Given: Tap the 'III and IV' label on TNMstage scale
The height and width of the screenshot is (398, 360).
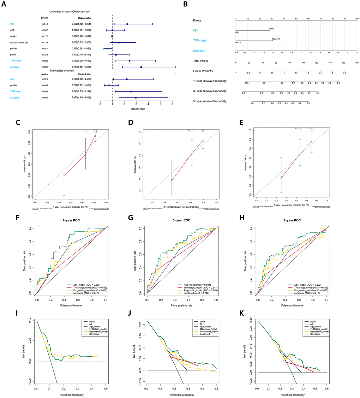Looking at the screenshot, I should click(276, 39).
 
